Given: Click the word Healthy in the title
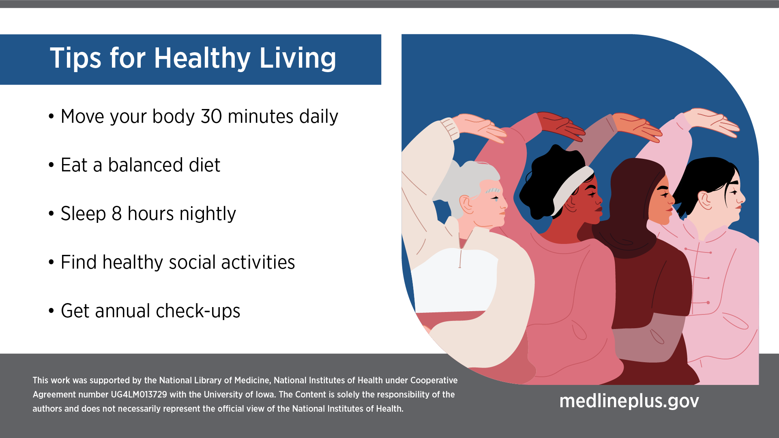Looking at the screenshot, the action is [202, 58].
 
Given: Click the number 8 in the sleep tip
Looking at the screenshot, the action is [117, 214].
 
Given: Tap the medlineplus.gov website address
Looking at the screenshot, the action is [629, 401].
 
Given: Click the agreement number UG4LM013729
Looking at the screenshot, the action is [139, 395].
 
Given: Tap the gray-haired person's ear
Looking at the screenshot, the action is [467, 204].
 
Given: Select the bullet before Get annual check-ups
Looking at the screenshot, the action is [51, 311].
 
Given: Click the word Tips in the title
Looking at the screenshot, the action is [75, 58].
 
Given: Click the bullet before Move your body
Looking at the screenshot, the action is [51, 117].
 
